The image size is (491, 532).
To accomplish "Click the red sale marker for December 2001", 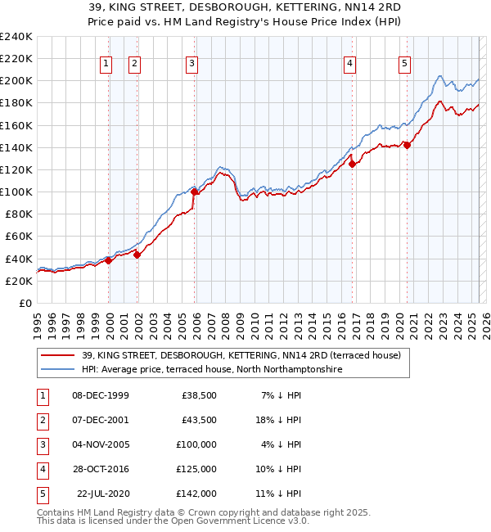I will (x=137, y=255).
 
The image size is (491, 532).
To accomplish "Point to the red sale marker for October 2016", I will (x=353, y=164).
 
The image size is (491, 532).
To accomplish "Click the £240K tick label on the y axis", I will (x=16, y=37).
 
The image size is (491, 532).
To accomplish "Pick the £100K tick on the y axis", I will (x=16, y=192).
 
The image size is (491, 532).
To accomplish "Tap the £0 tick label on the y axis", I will (x=25, y=303).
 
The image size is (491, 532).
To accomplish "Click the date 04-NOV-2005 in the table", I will (x=100, y=445).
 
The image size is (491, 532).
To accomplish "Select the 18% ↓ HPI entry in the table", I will (x=280, y=421).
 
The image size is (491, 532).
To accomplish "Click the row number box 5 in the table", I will (x=42, y=494).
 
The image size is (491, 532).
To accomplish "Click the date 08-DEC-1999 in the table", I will (x=100, y=396).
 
